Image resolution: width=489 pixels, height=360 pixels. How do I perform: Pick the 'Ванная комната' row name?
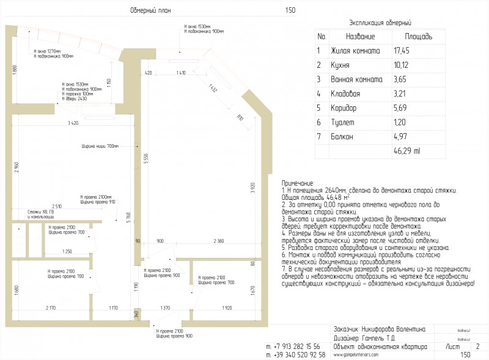tap(356, 79)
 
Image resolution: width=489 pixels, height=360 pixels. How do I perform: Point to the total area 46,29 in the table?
tap(406, 151)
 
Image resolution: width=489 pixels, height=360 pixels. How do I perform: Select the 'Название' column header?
tap(360, 37)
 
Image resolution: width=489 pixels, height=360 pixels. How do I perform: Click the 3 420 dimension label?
tap(73, 123)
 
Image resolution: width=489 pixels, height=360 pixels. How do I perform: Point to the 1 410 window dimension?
tap(180, 73)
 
